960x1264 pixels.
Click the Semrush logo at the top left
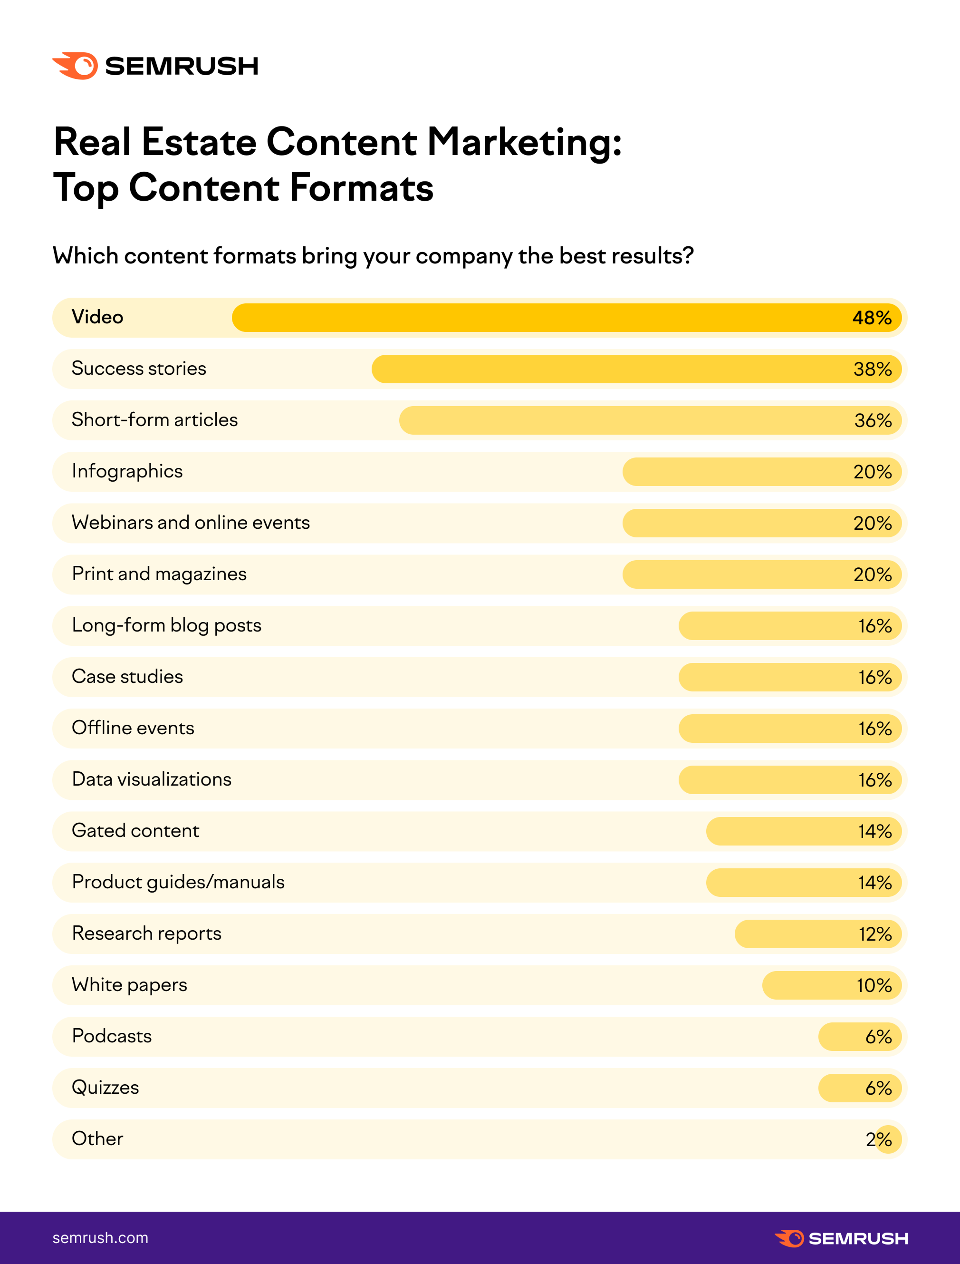pos(155,66)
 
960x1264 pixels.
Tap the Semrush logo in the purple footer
pos(841,1238)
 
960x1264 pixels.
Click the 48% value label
pos(872,318)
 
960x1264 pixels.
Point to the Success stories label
pos(139,369)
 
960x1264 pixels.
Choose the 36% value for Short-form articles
pos(873,421)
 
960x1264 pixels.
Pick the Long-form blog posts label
pos(166,625)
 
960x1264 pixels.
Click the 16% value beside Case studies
pos(874,678)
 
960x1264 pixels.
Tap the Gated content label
pos(135,831)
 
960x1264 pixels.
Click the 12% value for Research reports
pos(875,934)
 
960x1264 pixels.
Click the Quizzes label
pos(105,1088)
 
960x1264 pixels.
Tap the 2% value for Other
pos(878,1139)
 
